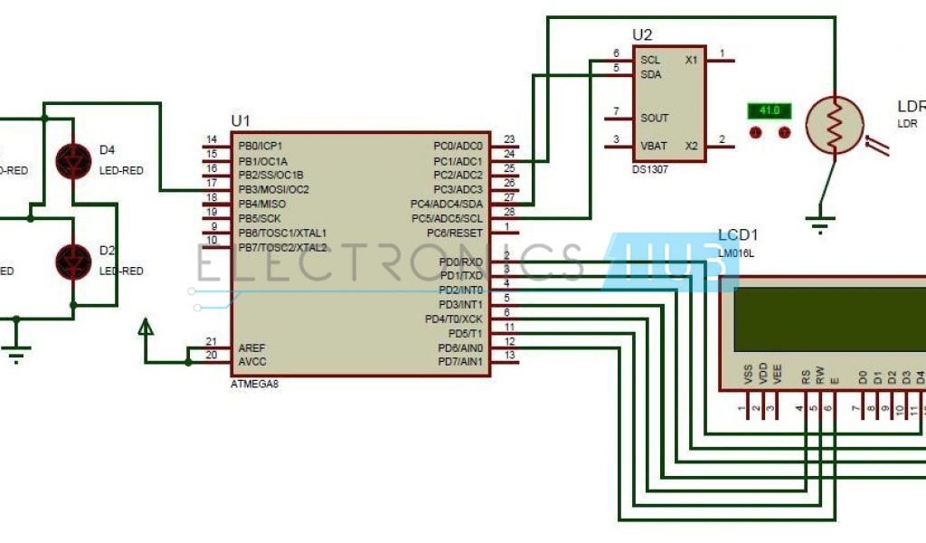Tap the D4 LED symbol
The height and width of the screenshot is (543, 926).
pyautogui.click(x=72, y=159)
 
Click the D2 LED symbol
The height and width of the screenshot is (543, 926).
pyautogui.click(x=72, y=261)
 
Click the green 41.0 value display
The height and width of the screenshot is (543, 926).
pyautogui.click(x=769, y=111)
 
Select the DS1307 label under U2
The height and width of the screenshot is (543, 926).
pyautogui.click(x=650, y=169)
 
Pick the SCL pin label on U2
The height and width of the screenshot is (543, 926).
pyautogui.click(x=649, y=60)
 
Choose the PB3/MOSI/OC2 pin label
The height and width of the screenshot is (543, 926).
pyautogui.click(x=273, y=189)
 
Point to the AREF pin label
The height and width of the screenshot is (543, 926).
pyautogui.click(x=251, y=348)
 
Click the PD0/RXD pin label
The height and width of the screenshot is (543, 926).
pyautogui.click(x=461, y=262)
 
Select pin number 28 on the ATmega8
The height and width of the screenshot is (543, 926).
pyautogui.click(x=509, y=212)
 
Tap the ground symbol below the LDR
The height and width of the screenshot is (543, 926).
pyautogui.click(x=819, y=226)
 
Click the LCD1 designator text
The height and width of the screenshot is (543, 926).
pyautogui.click(x=739, y=235)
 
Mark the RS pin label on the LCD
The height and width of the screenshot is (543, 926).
pyautogui.click(x=804, y=376)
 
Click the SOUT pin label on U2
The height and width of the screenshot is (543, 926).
pyautogui.click(x=655, y=118)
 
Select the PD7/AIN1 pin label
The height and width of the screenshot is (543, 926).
pyautogui.click(x=460, y=363)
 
